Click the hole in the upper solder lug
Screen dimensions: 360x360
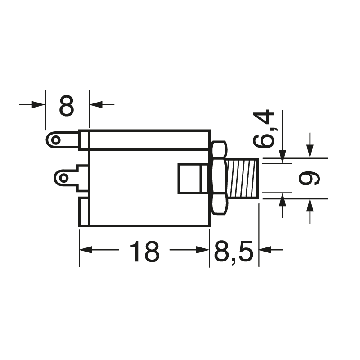point(55,140)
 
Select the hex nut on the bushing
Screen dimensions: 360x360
point(218,178)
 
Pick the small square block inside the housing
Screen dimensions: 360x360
point(189,178)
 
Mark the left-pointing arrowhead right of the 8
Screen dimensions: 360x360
point(95,104)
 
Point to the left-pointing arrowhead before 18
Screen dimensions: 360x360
point(85,250)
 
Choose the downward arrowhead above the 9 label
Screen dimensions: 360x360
point(310,152)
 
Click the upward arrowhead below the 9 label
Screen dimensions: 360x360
point(310,204)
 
